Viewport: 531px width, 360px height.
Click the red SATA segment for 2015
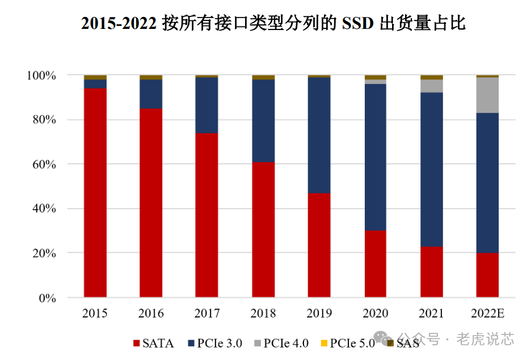point(95,193)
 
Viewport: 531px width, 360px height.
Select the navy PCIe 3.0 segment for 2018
point(263,121)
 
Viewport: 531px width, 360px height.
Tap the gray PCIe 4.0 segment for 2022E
point(487,95)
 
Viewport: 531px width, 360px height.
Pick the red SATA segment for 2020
point(375,264)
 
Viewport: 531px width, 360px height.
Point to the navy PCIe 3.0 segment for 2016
point(151,94)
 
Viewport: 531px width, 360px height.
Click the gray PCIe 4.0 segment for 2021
point(431,86)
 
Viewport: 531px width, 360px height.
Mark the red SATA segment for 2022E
point(487,275)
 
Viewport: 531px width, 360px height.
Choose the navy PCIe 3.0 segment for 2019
point(319,135)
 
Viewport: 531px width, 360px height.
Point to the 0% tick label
point(47,298)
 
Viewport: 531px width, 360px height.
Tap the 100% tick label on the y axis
point(41,75)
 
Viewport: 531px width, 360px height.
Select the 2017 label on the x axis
point(206,314)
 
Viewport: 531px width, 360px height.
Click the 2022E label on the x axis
point(487,314)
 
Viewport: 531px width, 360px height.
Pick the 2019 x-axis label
point(319,314)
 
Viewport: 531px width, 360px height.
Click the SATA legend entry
point(153,343)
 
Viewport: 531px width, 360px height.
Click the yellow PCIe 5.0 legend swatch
point(324,343)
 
